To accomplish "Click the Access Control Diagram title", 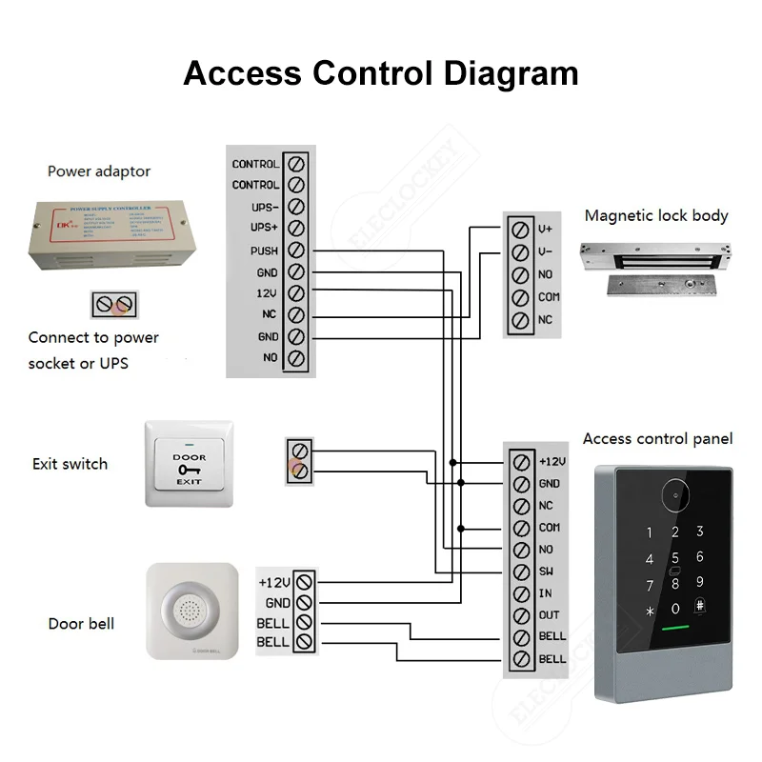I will (380, 73).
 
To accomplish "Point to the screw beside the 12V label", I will (295, 294).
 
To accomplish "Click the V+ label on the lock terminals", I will (545, 230).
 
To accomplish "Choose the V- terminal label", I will (545, 252).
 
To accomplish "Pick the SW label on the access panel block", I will (547, 571).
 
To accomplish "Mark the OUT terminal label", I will (549, 615).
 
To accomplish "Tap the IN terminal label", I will (546, 593).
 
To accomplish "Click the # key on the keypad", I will (700, 607).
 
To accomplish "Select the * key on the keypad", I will (651, 611).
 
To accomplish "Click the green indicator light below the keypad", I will (675, 630).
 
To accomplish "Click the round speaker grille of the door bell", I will (191, 611).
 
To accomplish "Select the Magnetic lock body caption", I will (655, 216).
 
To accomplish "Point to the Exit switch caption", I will (70, 464).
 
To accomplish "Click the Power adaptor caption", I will (99, 172).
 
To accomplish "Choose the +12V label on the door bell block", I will (273, 581).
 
